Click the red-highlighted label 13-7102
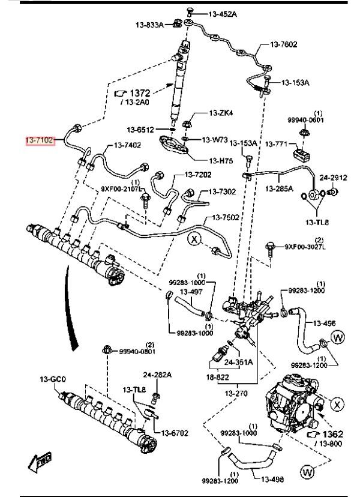point(40,140)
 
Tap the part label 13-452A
point(223,13)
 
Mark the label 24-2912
point(334,178)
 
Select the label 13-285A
point(279,188)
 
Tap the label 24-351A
point(238,362)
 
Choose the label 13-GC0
point(52,379)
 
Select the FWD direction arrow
point(40,462)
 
